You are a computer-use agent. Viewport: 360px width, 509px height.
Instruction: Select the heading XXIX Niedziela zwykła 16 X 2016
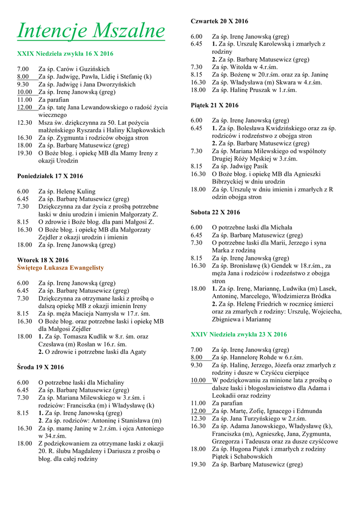(65, 54)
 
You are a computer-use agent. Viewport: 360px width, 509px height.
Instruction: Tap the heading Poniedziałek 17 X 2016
(50, 176)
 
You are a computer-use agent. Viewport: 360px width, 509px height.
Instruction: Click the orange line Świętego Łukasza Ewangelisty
(61, 267)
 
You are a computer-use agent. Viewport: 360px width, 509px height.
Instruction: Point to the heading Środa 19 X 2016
(40, 367)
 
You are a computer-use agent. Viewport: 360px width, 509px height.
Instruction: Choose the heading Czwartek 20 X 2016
(219, 21)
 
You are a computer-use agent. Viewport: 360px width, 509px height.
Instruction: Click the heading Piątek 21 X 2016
(215, 105)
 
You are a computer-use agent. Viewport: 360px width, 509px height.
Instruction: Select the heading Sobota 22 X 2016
(215, 212)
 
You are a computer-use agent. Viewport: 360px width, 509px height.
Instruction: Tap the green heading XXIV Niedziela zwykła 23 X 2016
(239, 334)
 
